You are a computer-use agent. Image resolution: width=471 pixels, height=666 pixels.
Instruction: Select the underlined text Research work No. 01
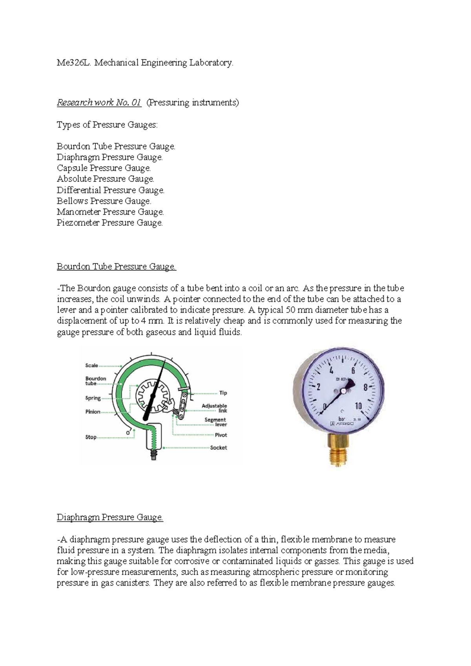[99, 103]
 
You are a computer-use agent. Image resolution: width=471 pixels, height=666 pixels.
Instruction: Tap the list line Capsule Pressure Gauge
[104, 168]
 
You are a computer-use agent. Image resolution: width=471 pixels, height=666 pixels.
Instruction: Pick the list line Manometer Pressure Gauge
[110, 212]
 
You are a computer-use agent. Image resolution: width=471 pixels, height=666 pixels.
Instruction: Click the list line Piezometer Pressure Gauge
[110, 223]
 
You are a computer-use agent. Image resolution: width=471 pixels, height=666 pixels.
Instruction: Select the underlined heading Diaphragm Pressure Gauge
[110, 517]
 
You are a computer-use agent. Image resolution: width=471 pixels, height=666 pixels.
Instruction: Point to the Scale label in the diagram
[91, 366]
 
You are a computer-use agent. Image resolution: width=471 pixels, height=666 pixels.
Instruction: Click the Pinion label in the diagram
[93, 412]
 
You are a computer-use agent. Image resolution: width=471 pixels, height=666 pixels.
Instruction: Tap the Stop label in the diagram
[91, 437]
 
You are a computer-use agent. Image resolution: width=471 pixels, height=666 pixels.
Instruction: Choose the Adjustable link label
[214, 408]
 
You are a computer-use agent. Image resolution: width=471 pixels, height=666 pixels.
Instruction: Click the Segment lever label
[215, 422]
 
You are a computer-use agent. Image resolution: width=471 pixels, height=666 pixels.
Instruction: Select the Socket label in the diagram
[218, 448]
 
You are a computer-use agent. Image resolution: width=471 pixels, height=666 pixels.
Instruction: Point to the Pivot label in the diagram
[221, 435]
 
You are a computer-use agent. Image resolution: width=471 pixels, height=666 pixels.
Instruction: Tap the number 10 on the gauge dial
[358, 406]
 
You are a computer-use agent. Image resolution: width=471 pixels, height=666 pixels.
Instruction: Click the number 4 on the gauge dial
[332, 371]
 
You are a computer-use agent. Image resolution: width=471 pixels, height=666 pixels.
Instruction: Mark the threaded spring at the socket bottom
[153, 456]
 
